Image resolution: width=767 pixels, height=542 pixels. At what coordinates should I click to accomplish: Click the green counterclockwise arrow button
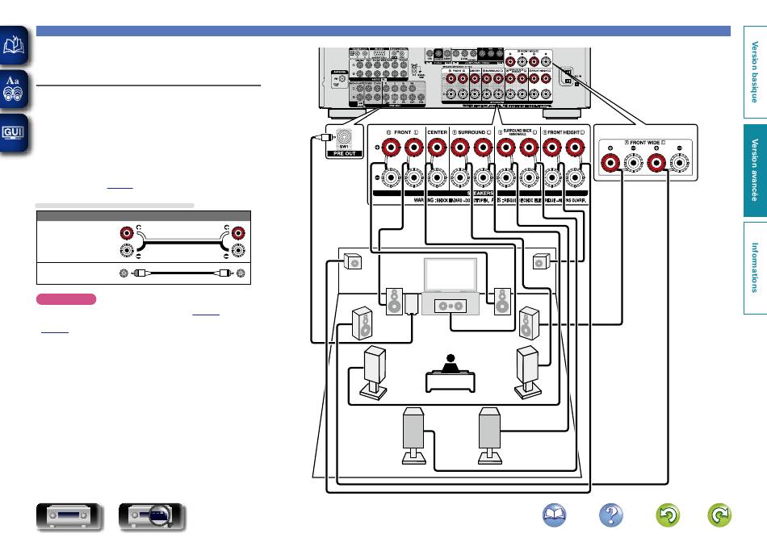tap(670, 515)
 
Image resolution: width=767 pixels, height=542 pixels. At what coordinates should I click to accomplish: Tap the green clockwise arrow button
tap(719, 515)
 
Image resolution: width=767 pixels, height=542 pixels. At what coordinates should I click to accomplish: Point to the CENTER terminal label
tap(438, 131)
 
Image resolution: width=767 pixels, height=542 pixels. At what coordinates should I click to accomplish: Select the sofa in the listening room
tap(451, 377)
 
